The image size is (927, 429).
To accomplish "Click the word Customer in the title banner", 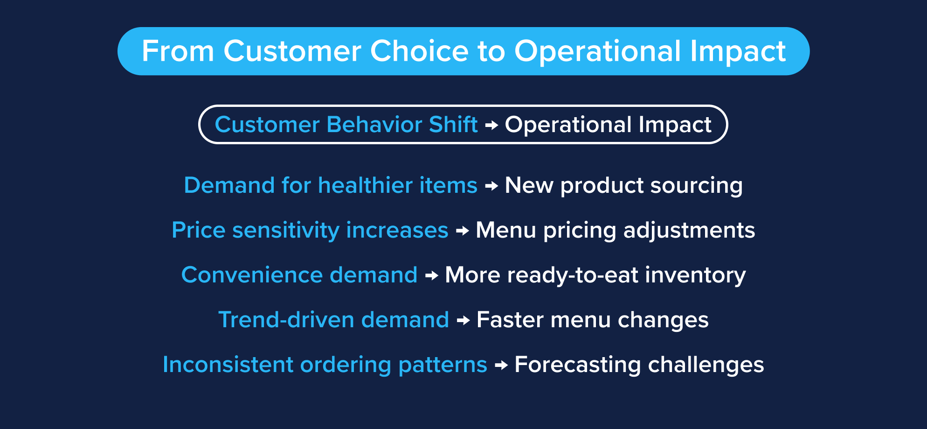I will (x=292, y=51).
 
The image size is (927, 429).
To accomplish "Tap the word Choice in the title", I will (x=419, y=51).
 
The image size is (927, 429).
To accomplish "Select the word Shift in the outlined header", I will (x=453, y=125).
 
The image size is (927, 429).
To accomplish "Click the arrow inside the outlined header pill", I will (x=491, y=125).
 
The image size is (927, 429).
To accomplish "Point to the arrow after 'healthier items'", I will (x=491, y=186).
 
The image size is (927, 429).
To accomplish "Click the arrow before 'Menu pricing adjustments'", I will (x=462, y=231).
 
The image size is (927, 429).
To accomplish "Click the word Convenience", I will (x=252, y=275).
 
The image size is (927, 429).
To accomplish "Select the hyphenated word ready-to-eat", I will (x=572, y=275).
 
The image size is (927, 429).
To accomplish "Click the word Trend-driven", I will (x=286, y=320).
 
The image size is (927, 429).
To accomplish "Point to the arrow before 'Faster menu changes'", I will (x=463, y=320).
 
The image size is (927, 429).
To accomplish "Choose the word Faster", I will (x=510, y=320).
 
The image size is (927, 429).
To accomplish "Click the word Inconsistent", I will (x=228, y=365).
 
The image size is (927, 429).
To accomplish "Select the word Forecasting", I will (x=577, y=365).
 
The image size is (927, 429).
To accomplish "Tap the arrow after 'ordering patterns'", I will (x=501, y=365).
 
